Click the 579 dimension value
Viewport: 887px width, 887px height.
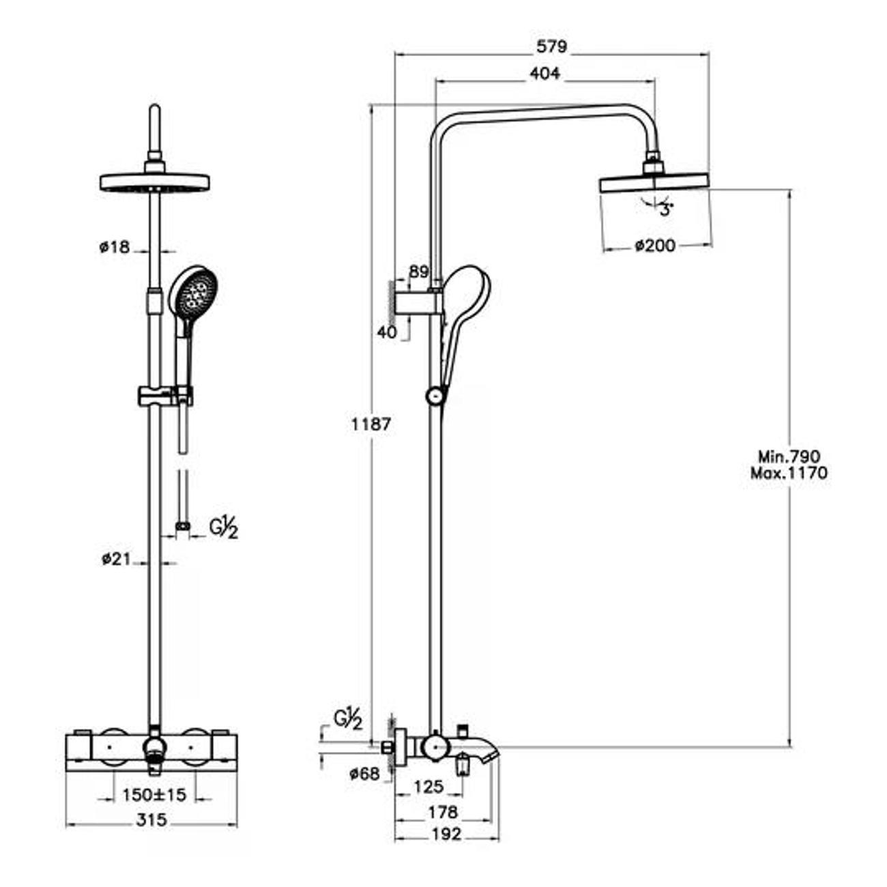click(551, 46)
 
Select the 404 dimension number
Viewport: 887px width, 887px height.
click(544, 73)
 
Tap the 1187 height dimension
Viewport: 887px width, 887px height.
click(371, 424)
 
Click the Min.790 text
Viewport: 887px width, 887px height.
click(789, 456)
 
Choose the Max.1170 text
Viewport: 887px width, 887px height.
click(789, 473)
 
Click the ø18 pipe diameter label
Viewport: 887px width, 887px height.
click(114, 247)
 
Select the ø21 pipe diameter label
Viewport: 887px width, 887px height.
click(116, 559)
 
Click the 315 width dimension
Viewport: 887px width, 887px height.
click(151, 819)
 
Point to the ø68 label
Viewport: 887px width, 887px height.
click(364, 774)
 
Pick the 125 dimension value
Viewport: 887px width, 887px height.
click(428, 787)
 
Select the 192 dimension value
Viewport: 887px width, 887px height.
click(446, 834)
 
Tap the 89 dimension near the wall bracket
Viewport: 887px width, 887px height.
click(418, 272)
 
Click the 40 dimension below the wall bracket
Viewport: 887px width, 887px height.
click(386, 332)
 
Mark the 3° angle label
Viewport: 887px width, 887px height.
click(666, 210)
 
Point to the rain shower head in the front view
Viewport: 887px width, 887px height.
click(155, 182)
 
